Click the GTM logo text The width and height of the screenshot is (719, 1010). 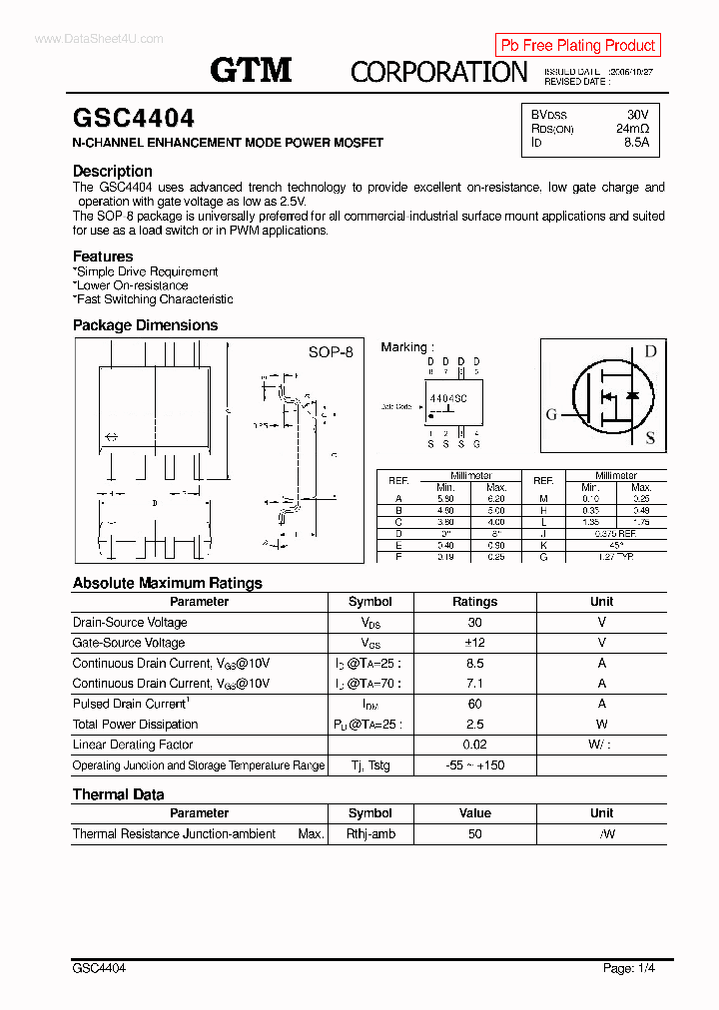coord(251,70)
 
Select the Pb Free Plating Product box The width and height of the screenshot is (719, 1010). coord(577,45)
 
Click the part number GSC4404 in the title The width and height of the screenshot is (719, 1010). coord(134,119)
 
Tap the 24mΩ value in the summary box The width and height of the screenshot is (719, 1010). coord(632,129)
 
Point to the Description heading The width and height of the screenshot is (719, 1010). coord(113,171)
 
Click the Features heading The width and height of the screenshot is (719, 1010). coord(103,256)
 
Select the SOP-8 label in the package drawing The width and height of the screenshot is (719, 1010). coord(331,352)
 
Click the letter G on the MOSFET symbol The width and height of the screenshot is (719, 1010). coord(551,415)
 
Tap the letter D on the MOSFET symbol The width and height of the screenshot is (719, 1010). coord(650,351)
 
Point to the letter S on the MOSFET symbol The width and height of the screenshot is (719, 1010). coord(650,438)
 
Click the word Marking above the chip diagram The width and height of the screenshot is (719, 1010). coord(403,347)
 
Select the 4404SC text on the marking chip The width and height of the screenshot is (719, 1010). coord(448,397)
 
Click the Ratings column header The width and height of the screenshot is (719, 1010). coord(474,602)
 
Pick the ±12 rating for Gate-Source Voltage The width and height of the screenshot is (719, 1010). coord(474,643)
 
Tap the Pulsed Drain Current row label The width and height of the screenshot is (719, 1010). coord(130,704)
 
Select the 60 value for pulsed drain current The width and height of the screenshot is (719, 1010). coord(474,704)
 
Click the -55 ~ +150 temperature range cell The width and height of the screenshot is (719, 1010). coord(474,765)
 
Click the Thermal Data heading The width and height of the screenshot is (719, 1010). coord(119,794)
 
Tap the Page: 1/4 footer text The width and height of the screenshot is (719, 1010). coord(629,968)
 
